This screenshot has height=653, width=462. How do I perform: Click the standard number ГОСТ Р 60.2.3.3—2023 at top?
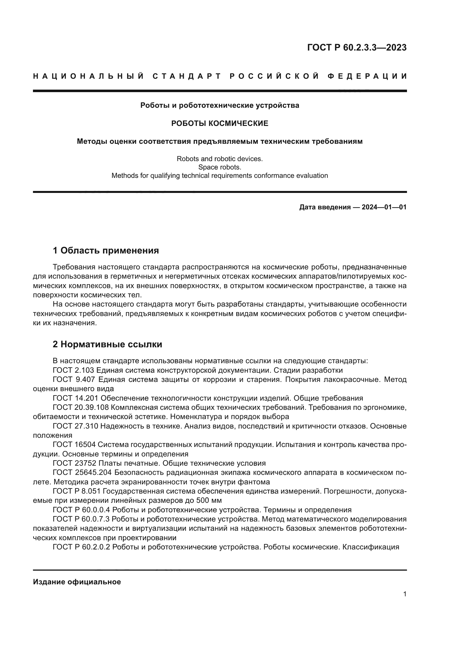(x=357, y=47)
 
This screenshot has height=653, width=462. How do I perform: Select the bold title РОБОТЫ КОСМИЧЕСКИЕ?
(x=220, y=123)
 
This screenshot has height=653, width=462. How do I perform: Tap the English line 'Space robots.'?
(x=220, y=167)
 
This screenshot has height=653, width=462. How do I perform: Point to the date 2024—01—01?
(x=384, y=207)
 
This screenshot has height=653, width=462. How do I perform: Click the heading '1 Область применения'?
(x=106, y=250)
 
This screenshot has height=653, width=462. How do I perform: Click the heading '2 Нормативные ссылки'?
(x=108, y=344)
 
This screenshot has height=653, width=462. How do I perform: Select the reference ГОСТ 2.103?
(x=73, y=370)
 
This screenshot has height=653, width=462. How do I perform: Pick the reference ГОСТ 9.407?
(x=73, y=379)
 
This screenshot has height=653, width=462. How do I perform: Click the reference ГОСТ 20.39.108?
(x=81, y=407)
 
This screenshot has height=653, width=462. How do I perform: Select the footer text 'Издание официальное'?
(x=77, y=582)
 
